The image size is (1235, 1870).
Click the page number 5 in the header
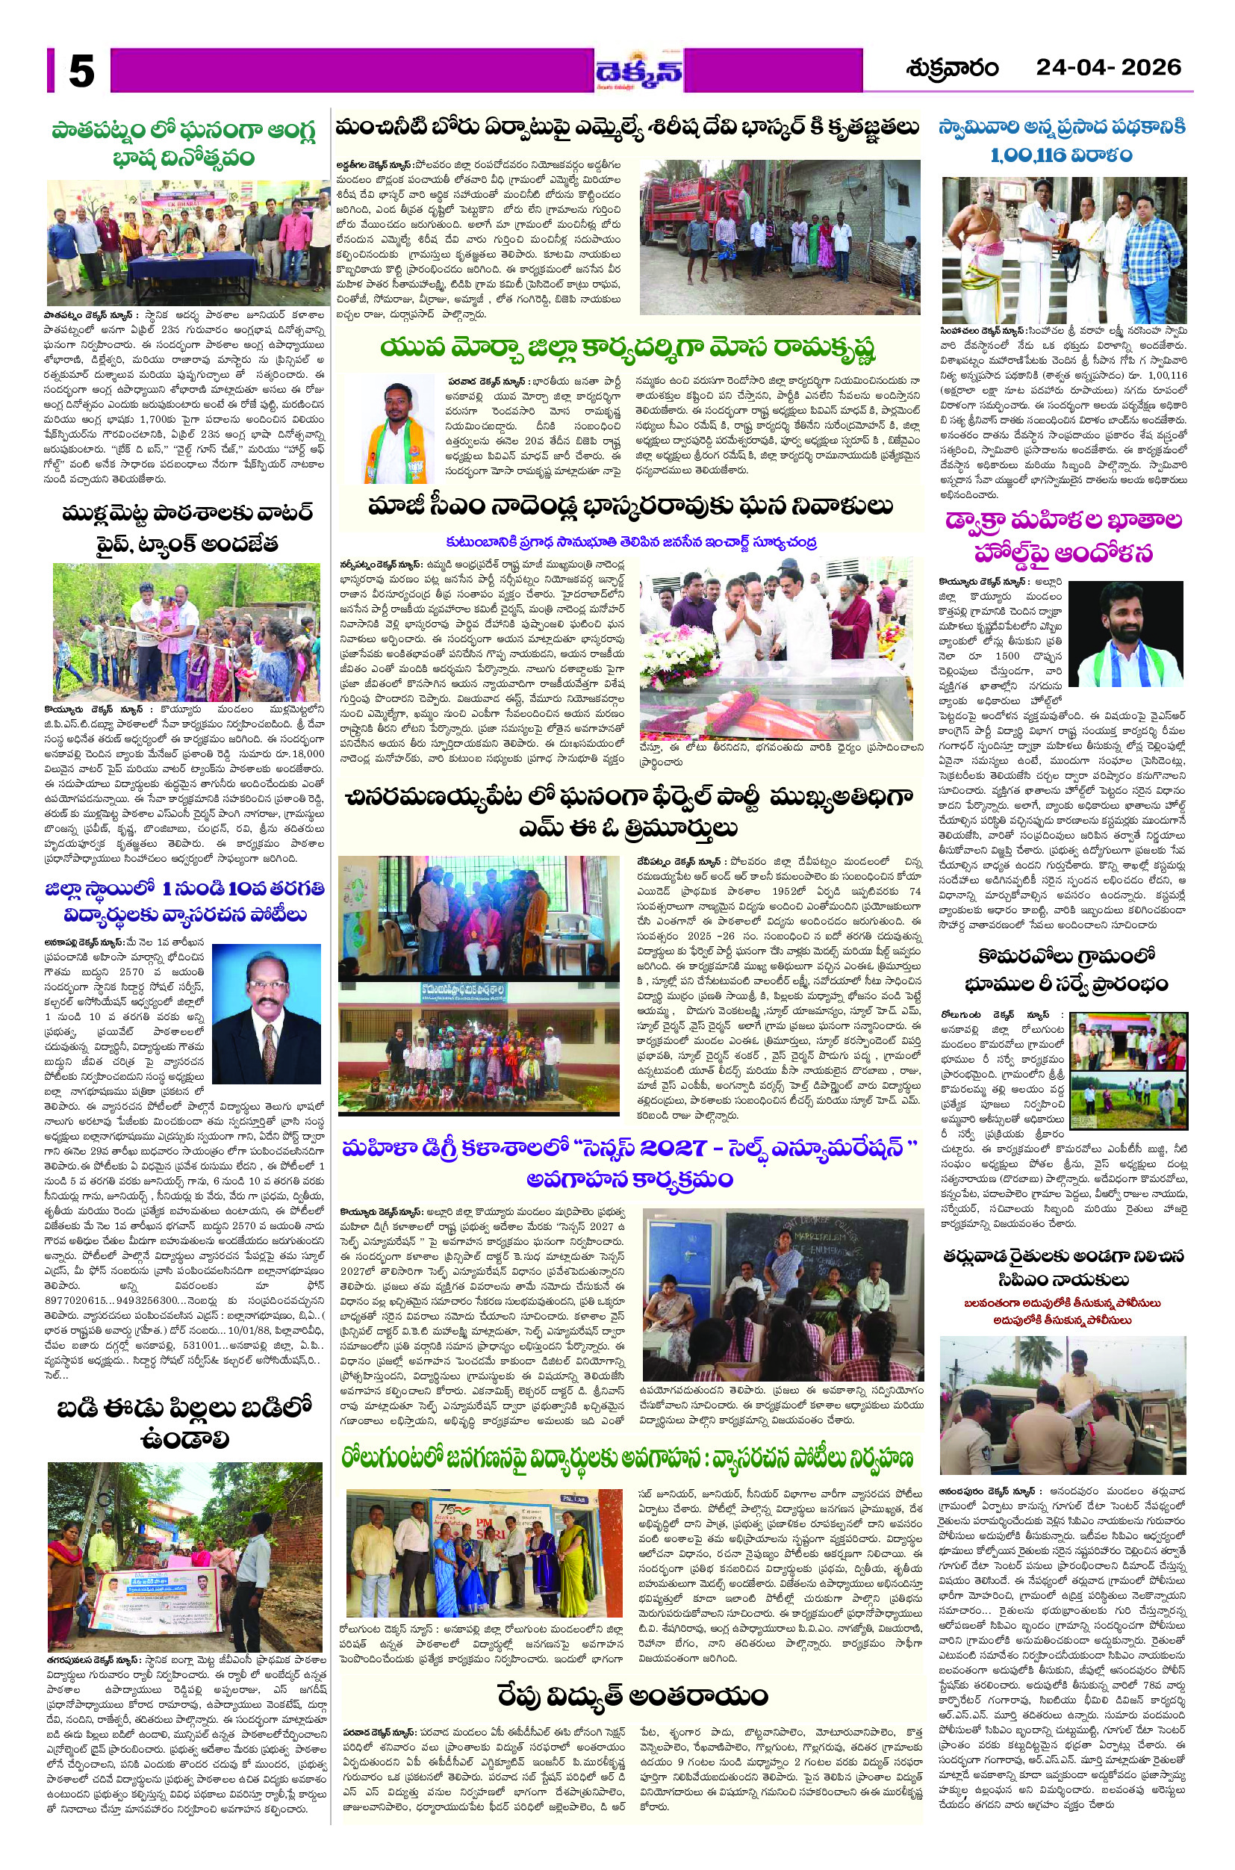click(81, 71)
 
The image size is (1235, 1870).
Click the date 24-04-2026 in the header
click(1108, 68)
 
